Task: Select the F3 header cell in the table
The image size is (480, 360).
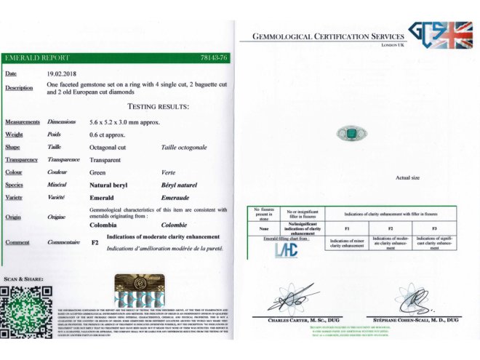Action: tap(435, 229)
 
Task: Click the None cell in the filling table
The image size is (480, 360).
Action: tap(264, 229)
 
